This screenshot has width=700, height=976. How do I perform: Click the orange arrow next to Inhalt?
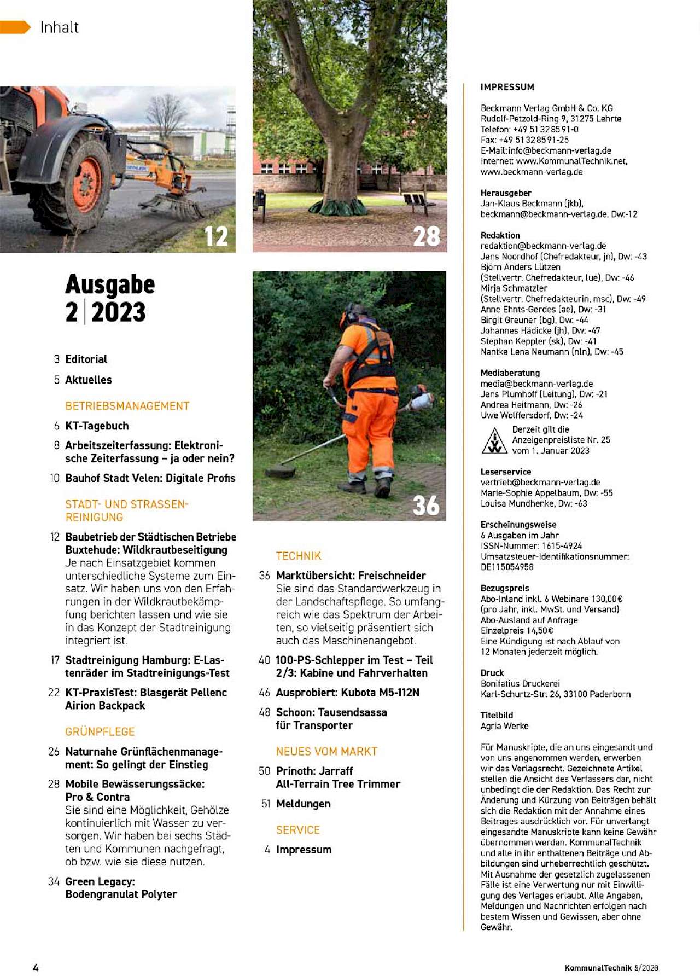point(15,27)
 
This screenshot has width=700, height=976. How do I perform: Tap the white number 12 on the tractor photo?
point(216,236)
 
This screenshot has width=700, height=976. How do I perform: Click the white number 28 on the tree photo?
point(427,236)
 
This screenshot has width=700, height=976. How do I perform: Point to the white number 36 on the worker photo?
point(426,506)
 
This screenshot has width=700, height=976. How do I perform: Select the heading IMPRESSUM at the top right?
point(507,87)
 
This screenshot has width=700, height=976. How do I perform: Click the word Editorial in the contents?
point(86,359)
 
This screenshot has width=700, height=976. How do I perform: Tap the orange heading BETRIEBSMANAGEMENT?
point(127,406)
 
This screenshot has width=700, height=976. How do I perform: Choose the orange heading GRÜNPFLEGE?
point(100,731)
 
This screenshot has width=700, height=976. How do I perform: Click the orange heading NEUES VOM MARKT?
point(326,751)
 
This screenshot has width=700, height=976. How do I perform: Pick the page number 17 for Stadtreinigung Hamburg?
point(55,660)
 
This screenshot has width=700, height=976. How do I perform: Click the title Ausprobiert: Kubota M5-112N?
point(347,693)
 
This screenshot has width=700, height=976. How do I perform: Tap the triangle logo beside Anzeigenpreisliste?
point(494,441)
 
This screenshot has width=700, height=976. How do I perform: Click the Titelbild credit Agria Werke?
point(504,726)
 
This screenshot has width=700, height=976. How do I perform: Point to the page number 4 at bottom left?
point(36,967)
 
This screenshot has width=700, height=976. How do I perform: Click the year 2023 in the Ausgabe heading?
point(118,312)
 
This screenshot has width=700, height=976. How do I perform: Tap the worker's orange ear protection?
point(345,316)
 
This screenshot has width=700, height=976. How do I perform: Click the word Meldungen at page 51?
point(303,804)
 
